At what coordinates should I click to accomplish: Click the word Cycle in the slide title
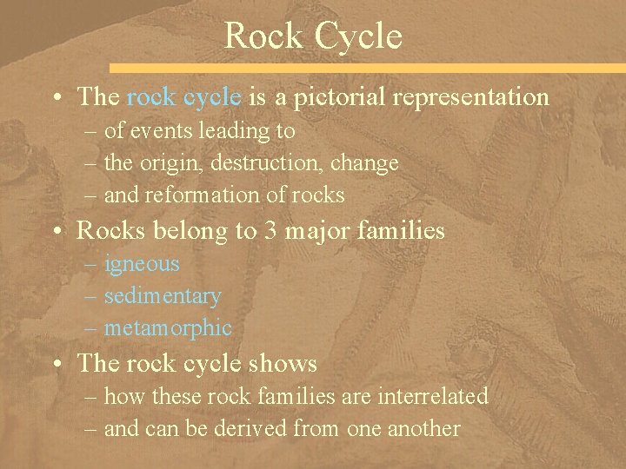[x=358, y=36]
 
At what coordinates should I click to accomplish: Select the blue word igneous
[x=141, y=264]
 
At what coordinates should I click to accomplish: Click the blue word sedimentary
[x=163, y=296]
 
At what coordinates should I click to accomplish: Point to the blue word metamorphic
[x=168, y=327]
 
